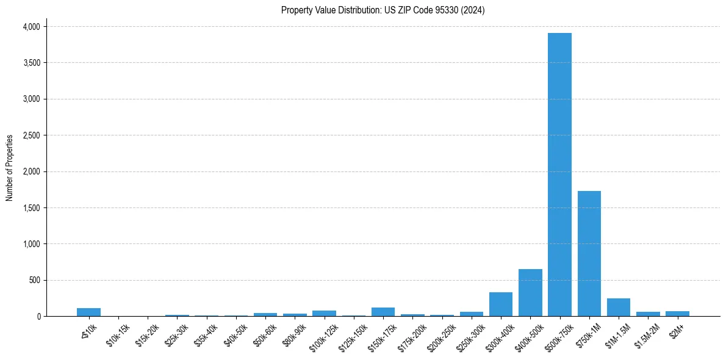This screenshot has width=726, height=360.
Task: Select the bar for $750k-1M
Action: [x=589, y=253]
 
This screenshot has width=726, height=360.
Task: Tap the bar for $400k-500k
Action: [x=530, y=293]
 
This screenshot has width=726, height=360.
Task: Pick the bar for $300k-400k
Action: [x=501, y=304]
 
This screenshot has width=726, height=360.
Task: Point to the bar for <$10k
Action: [x=88, y=312]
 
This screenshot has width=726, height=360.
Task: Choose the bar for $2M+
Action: [x=677, y=314]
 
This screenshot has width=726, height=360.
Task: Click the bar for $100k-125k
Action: [x=324, y=313]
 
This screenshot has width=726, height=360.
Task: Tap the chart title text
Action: [x=383, y=10]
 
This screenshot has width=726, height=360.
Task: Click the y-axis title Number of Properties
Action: [x=10, y=168]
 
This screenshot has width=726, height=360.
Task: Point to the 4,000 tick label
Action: [x=31, y=27]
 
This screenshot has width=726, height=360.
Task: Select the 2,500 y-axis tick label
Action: [x=31, y=135]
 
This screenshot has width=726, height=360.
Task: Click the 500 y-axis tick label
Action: [x=34, y=280]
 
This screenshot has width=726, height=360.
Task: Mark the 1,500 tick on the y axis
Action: [x=31, y=208]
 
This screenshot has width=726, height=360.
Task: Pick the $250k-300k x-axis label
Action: [x=470, y=336]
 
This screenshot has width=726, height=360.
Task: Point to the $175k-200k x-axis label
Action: [x=412, y=336]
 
